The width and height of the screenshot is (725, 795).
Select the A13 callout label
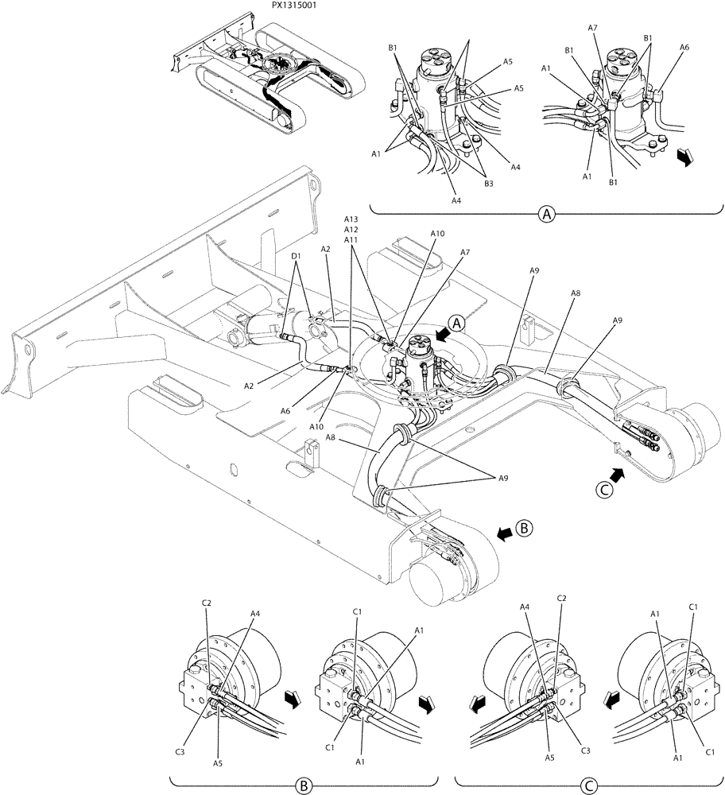(351, 219)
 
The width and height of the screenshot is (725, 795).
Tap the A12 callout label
(351, 230)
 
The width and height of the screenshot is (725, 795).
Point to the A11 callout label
(351, 239)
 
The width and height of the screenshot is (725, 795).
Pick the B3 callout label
(488, 183)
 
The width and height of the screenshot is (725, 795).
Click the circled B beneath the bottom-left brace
(302, 785)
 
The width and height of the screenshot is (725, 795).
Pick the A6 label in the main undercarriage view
(285, 410)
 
